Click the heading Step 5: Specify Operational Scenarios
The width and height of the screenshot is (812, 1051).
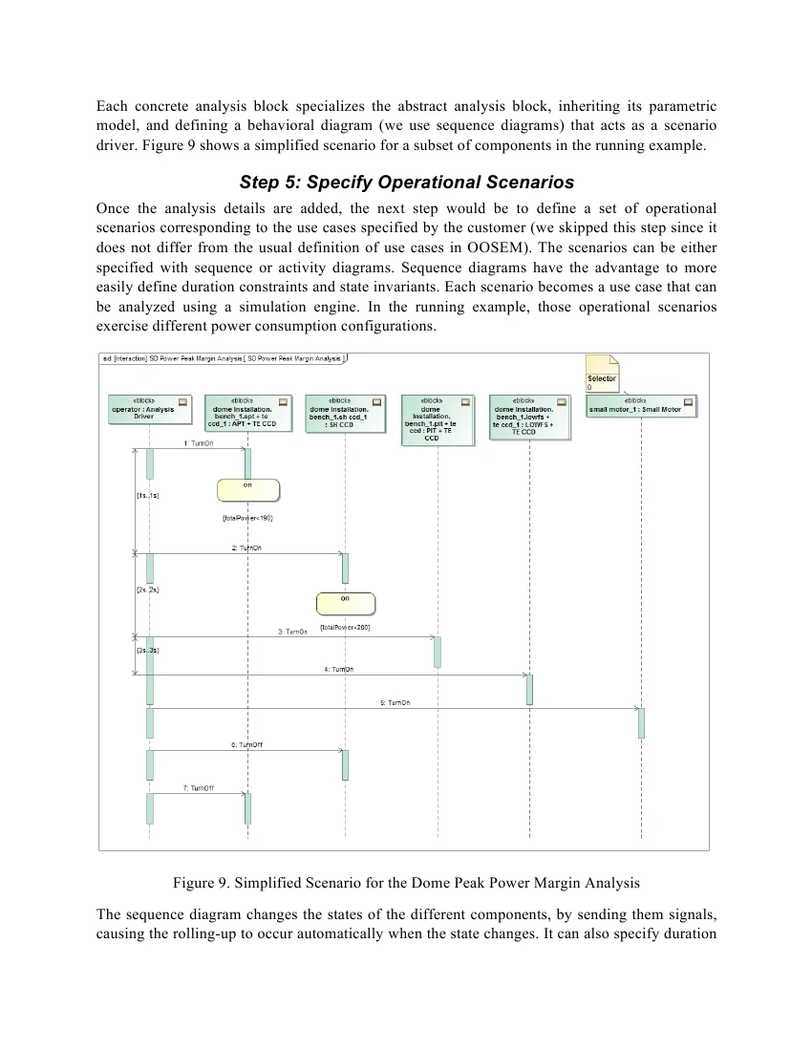(x=406, y=182)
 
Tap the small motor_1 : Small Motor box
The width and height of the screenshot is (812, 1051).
(x=642, y=407)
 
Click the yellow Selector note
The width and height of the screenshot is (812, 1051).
(x=603, y=374)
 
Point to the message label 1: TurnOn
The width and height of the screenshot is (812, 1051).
(x=198, y=443)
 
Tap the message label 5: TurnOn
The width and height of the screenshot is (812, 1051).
(x=395, y=702)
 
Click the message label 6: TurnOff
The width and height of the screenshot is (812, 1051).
(x=246, y=744)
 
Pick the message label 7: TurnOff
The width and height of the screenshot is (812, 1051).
(x=198, y=787)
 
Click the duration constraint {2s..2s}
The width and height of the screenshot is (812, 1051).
(x=147, y=590)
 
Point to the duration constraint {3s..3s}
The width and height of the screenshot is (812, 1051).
(x=147, y=650)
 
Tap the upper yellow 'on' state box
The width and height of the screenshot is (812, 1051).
(x=248, y=490)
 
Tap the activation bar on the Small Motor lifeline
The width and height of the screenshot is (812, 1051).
(x=641, y=722)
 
